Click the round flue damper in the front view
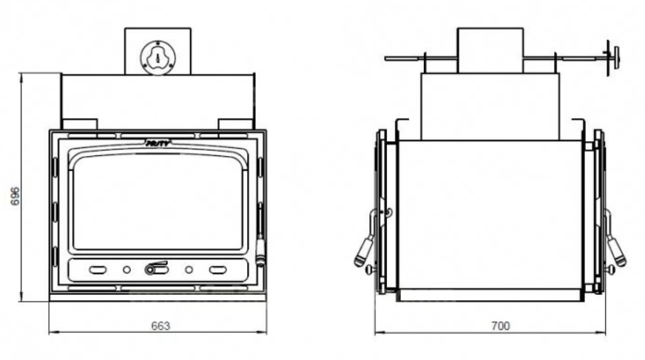pos(157,55)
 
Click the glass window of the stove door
pos(158,201)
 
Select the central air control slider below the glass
pos(156,270)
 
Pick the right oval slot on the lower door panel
pos(217,270)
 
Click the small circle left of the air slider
pos(126,270)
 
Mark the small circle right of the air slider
pos(189,270)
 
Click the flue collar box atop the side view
pos(490,50)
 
